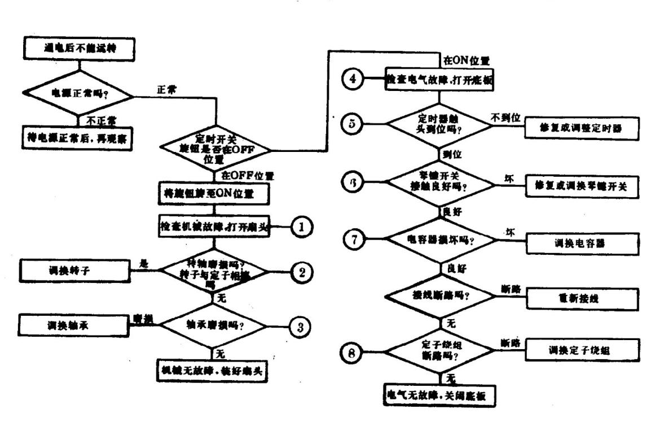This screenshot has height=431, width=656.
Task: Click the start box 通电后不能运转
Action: [x=78, y=49]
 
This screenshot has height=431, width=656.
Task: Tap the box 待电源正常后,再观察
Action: [x=76, y=138]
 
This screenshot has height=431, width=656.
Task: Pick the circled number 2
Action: [x=302, y=272]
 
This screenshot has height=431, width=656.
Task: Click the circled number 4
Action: [x=353, y=79]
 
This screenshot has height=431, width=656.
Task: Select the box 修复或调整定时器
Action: [x=582, y=129]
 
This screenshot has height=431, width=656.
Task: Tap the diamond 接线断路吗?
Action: [x=440, y=296]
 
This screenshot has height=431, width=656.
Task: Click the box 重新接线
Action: [x=583, y=298]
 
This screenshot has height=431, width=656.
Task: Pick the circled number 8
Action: [x=353, y=353]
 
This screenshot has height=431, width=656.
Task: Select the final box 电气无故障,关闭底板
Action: [x=439, y=395]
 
